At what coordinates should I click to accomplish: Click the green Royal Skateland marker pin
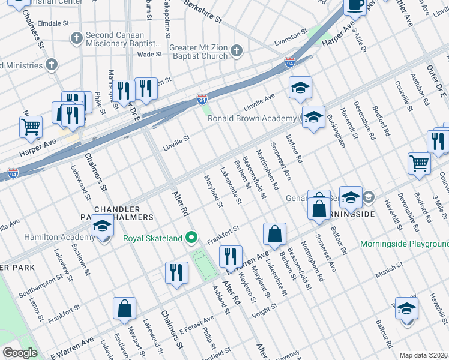click(x=192, y=238)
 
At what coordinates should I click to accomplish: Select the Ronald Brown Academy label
click(x=252, y=119)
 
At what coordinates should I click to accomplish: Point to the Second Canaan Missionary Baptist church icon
click(x=76, y=38)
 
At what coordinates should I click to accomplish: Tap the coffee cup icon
click(x=355, y=5)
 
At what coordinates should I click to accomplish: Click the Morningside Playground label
click(x=404, y=244)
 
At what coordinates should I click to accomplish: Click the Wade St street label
click(x=149, y=54)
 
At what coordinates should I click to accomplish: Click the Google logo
click(x=20, y=353)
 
